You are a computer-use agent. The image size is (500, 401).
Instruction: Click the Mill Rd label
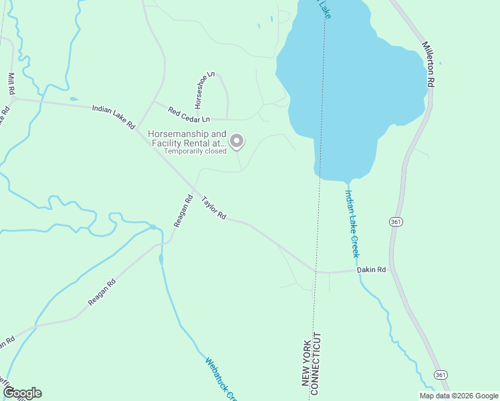point(11,83)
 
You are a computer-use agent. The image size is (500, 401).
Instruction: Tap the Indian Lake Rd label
point(114,116)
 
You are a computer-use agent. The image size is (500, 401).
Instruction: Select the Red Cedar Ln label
point(189,115)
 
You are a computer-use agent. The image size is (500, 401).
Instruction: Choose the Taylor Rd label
point(215,208)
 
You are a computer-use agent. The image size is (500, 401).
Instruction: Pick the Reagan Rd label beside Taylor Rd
point(184,211)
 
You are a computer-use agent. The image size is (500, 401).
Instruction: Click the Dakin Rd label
point(372,270)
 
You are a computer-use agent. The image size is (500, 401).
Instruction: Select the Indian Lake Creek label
point(352,223)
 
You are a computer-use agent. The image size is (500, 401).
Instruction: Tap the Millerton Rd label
point(428,64)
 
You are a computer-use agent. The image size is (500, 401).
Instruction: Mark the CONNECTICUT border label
point(318,359)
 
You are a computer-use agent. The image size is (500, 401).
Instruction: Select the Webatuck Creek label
point(221,379)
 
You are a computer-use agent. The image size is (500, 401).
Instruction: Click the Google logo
point(22,393)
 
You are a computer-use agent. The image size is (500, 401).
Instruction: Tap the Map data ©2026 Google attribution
point(459,396)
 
